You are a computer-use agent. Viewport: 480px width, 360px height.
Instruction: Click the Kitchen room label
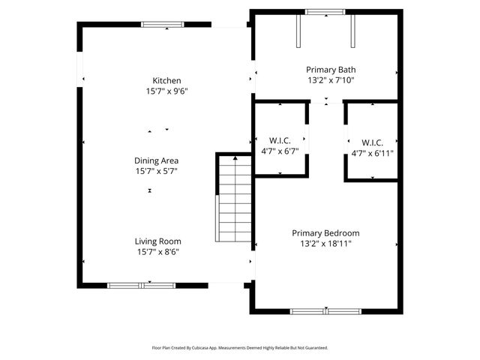[166, 80]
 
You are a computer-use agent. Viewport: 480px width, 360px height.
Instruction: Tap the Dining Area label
[156, 160]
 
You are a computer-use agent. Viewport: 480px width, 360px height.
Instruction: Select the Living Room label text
[157, 241]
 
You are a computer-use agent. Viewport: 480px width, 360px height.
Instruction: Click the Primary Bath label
[325, 68]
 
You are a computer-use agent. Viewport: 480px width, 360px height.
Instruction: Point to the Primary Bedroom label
[325, 233]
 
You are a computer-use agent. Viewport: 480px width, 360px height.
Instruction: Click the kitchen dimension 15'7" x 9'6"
[166, 91]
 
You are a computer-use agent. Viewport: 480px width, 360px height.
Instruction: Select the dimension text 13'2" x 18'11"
[325, 244]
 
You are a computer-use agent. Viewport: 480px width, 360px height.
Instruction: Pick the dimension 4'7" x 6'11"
[373, 153]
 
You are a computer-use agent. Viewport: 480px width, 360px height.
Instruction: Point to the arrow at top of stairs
[235, 158]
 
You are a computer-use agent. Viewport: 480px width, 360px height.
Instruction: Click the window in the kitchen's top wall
[163, 25]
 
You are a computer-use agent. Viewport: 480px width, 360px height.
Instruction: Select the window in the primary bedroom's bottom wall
[325, 310]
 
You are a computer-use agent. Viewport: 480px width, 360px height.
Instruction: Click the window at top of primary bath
[325, 12]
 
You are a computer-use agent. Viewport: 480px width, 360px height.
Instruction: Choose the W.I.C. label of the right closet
[373, 142]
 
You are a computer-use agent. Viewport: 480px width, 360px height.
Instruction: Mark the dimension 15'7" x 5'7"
[156, 171]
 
